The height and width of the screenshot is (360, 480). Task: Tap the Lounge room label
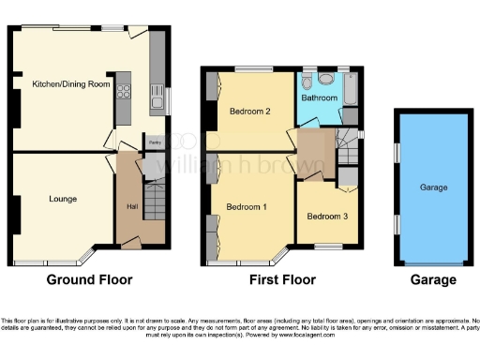tap(63, 199)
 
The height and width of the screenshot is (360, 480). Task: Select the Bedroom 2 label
tap(249, 112)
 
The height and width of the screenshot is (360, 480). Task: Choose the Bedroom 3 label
tap(327, 217)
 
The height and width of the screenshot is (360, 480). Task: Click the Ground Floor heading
tap(90, 279)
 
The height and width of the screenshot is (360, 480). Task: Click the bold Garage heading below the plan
tap(433, 279)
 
